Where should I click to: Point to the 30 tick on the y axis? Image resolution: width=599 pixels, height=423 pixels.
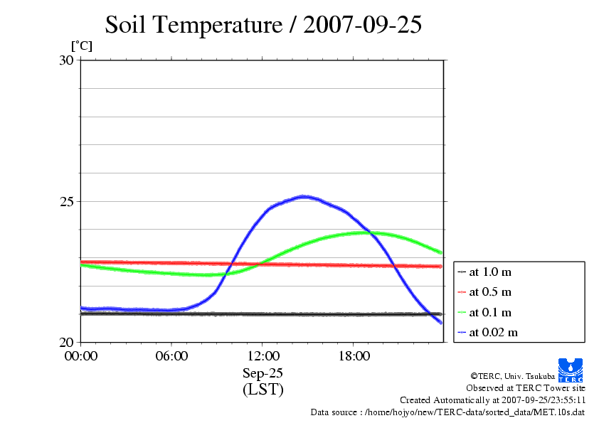coord(66,60)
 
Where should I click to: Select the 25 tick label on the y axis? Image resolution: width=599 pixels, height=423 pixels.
coord(66,201)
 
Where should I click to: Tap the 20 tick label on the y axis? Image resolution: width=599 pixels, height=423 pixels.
coord(66,342)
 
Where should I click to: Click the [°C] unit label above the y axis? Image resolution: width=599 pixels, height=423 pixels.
coord(81,46)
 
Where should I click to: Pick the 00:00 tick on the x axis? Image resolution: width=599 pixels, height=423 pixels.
coord(81,356)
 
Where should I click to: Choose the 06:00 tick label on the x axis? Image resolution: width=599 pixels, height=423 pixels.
coord(172,356)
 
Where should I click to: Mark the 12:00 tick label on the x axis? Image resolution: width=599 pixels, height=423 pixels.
coord(263,356)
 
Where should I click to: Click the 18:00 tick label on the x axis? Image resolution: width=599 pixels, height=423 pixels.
coord(354,356)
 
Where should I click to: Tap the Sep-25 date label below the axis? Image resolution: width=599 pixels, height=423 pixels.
coord(263,373)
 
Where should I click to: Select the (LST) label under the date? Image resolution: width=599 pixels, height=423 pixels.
coord(263,390)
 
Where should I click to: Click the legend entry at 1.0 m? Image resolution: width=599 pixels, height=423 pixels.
coord(490,272)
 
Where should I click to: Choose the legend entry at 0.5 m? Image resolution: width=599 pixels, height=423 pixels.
coord(490,291)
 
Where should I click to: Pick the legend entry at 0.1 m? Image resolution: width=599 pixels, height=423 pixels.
coord(490,312)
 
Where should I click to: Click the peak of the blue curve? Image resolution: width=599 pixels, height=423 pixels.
coord(304,196)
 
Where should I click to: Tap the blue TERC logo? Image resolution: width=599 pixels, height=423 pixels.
coord(571,370)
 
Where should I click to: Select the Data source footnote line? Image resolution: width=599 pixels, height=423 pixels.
coord(447,412)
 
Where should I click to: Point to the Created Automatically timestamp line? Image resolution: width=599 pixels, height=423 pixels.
coord(492,400)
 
